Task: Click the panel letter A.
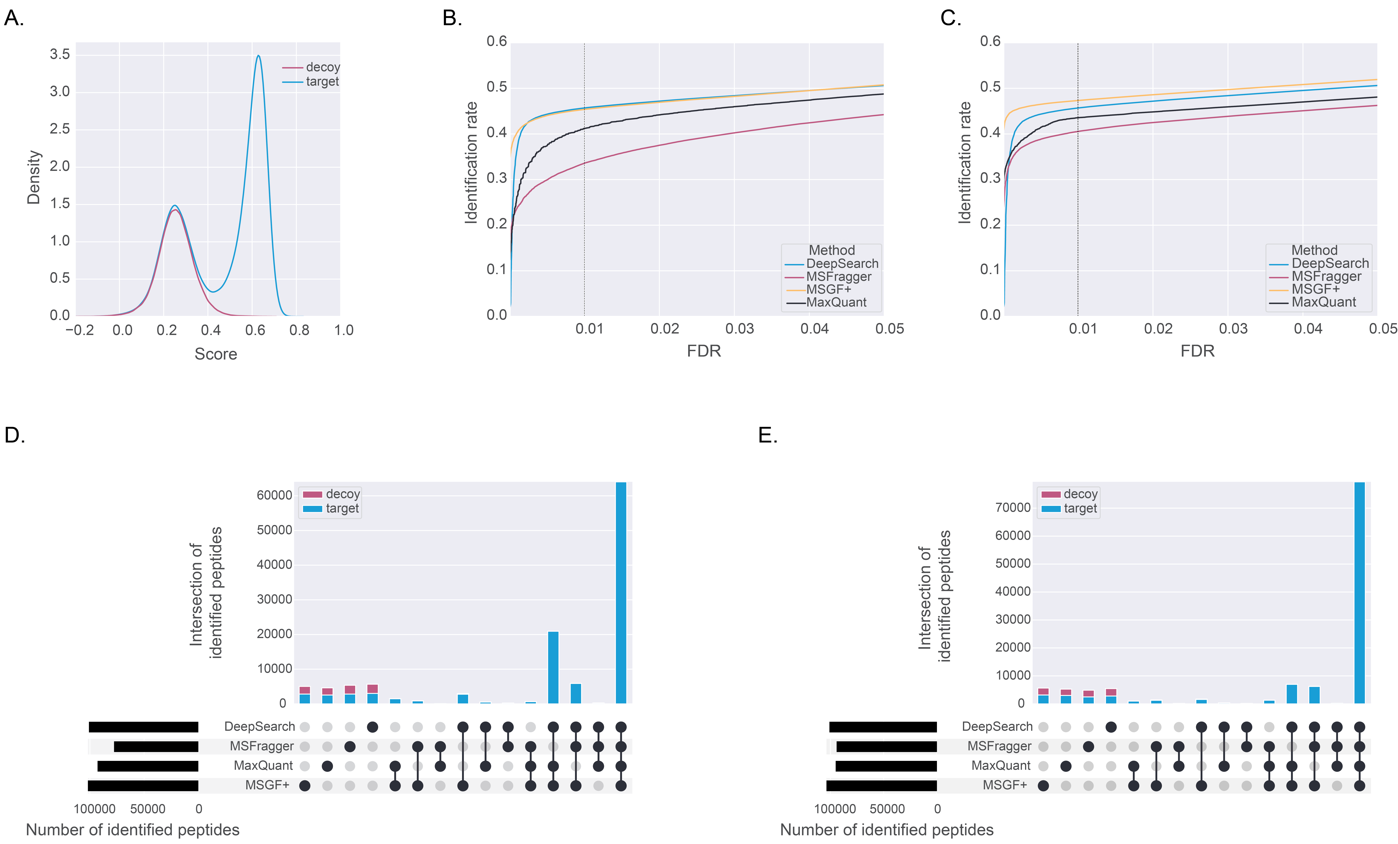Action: (14, 19)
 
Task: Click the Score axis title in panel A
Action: (216, 354)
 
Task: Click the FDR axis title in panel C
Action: (1197, 351)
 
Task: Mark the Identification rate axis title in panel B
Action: (471, 163)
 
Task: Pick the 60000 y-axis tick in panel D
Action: (274, 495)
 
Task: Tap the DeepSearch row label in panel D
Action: (259, 727)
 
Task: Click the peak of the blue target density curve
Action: (259, 56)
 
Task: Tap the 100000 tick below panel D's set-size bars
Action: (95, 809)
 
